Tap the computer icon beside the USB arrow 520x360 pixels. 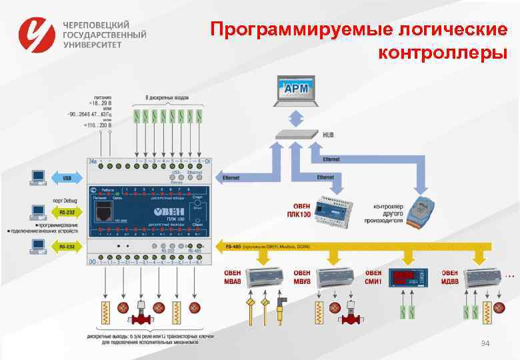pyautogui.click(x=37, y=177)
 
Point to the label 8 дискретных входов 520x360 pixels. pyautogui.click(x=167, y=97)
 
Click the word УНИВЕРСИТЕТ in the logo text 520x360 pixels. pyautogui.click(x=93, y=45)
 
